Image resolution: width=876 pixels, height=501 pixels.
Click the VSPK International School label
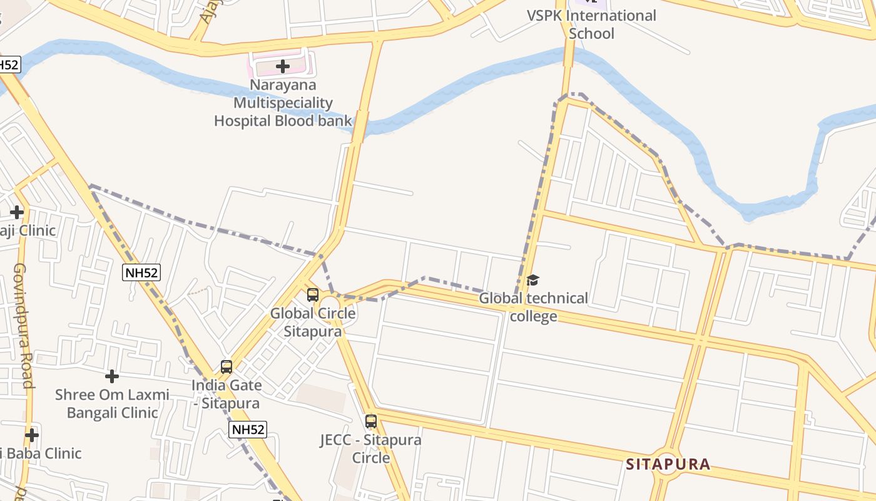pos(591,24)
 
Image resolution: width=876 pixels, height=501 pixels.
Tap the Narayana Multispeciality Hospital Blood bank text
pos(283,103)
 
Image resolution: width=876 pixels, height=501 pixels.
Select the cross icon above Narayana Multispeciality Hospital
pos(283,66)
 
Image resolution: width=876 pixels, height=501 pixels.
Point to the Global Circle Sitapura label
pos(313,322)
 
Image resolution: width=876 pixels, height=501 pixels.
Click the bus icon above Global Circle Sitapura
pos(313,295)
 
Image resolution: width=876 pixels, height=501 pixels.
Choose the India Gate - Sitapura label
pos(227,394)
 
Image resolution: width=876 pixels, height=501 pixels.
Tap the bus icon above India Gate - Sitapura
pos(227,367)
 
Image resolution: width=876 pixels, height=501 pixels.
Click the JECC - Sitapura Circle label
pos(371,448)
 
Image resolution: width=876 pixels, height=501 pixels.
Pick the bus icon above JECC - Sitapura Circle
pos(371,421)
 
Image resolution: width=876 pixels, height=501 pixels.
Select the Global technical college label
pos(533,307)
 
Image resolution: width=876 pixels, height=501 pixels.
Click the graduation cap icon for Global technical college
pos(532,280)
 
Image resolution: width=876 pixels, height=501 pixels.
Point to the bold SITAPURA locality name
pos(668,464)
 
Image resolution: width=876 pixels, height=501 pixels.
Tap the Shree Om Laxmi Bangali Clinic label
pos(112,403)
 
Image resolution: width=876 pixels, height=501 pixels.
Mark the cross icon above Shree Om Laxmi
pos(112,376)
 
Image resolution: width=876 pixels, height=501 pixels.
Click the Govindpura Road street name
pos(23,325)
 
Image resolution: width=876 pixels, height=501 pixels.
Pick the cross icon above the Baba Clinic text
pos(32,435)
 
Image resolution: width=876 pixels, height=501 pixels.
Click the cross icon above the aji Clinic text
pos(17,212)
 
